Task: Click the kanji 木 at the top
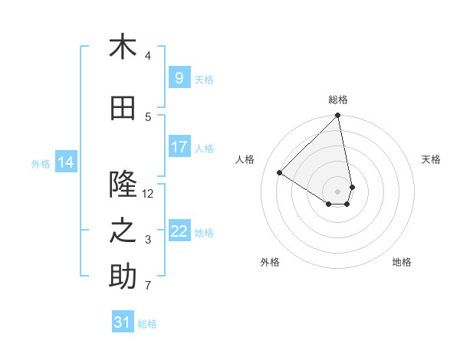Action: coord(123,47)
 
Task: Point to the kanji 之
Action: coord(123,231)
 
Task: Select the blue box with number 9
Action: coord(179,78)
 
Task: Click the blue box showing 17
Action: coord(179,147)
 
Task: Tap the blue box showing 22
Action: coord(179,231)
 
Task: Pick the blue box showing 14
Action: coord(65,162)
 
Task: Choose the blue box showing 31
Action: coord(123,322)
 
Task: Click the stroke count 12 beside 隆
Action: coord(148,194)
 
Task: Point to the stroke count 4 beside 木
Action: coord(148,56)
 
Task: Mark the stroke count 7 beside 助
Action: coord(148,286)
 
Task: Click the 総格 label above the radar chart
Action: coord(338,100)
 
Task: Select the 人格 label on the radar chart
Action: coord(245,159)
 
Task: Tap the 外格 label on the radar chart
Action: coord(270,262)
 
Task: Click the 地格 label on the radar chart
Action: coord(402,262)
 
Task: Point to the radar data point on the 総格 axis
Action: coord(338,116)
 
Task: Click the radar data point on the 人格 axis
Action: coord(280,173)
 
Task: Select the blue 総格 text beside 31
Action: coord(148,324)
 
